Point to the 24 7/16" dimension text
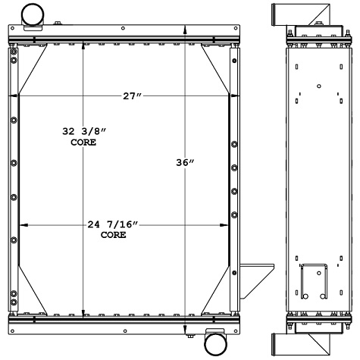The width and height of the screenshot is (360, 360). tap(114, 224)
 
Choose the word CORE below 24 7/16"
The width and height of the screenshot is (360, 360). tap(114, 235)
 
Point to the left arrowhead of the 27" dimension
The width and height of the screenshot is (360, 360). tap(11, 96)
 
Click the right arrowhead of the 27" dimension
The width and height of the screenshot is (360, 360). tap(236, 96)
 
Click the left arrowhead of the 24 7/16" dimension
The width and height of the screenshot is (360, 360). tap(20, 225)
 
